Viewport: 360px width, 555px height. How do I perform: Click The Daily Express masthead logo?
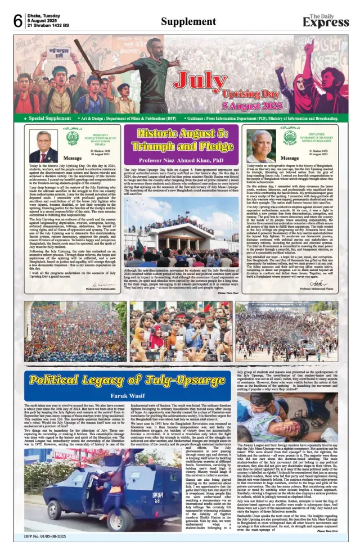coord(326,20)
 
